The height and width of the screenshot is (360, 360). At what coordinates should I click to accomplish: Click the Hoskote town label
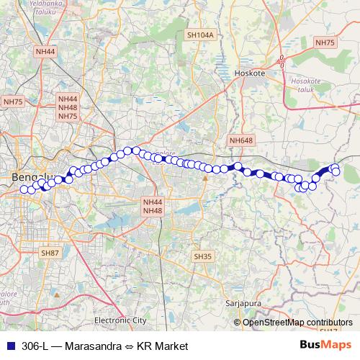point(250,73)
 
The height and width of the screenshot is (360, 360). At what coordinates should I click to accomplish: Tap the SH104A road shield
point(200,35)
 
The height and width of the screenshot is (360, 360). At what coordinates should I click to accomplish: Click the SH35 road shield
point(202,256)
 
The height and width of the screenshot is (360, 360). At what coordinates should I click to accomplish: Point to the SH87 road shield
point(50,253)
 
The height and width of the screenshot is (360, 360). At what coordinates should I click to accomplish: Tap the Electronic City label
point(120,320)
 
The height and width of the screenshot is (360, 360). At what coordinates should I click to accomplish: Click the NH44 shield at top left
point(45,52)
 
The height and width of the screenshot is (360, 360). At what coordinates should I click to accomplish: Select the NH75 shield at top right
point(325,43)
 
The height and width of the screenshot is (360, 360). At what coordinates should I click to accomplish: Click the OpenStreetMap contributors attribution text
point(297,322)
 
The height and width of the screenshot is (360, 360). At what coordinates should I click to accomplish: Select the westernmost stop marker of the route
point(24,189)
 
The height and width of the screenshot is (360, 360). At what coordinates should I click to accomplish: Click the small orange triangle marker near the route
point(205,177)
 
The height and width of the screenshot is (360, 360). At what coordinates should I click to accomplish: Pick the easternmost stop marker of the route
point(336,171)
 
